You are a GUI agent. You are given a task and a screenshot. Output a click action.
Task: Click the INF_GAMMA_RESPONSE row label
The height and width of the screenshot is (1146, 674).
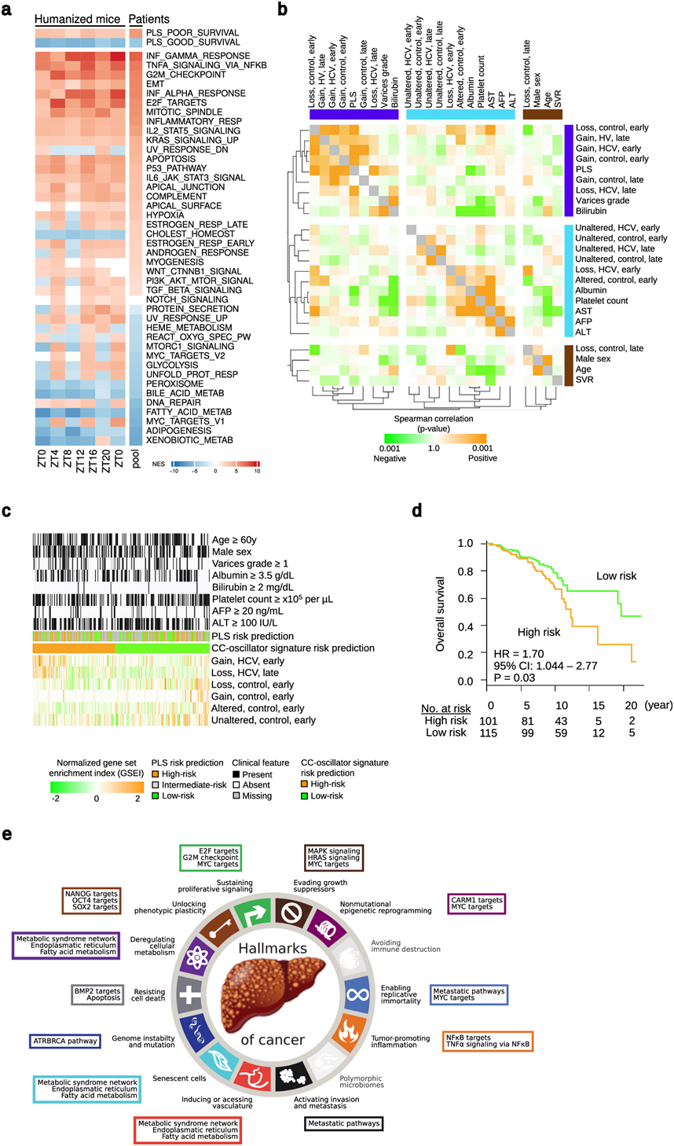pyautogui.click(x=198, y=56)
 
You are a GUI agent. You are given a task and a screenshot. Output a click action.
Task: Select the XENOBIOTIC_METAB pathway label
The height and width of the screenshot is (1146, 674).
pyautogui.click(x=189, y=440)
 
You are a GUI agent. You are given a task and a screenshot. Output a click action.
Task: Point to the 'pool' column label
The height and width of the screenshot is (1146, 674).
pyautogui.click(x=136, y=459)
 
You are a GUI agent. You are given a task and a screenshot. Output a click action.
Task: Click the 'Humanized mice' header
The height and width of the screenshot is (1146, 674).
pyautogui.click(x=78, y=19)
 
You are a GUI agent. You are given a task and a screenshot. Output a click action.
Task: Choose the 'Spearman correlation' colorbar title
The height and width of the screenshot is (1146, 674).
pyautogui.click(x=433, y=419)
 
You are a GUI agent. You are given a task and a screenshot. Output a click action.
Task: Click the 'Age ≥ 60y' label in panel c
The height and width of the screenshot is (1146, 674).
pyautogui.click(x=234, y=540)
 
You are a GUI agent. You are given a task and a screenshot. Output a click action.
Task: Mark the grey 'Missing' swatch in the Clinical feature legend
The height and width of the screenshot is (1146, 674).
pyautogui.click(x=236, y=795)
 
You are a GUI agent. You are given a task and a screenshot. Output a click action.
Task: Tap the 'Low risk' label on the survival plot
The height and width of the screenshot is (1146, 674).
pyautogui.click(x=616, y=576)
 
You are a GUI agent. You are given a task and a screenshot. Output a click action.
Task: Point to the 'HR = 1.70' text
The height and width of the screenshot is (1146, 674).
pyautogui.click(x=518, y=654)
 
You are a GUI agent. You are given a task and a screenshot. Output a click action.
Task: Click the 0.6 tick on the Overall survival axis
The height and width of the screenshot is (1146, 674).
pyautogui.click(x=466, y=599)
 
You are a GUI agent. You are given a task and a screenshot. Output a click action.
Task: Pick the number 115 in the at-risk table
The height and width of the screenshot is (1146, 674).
pyautogui.click(x=491, y=733)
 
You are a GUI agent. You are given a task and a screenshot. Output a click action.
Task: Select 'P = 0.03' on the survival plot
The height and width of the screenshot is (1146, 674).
pyautogui.click(x=515, y=678)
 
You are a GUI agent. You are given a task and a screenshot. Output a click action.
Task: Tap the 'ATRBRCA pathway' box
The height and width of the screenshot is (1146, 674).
pyautogui.click(x=66, y=1041)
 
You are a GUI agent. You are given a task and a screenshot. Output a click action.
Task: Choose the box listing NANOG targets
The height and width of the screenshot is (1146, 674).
pyautogui.click(x=91, y=900)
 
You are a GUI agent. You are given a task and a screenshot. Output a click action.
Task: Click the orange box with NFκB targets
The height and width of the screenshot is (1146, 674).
pyautogui.click(x=488, y=1041)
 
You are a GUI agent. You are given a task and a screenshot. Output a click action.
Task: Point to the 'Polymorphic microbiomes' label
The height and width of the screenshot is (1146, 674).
pyautogui.click(x=361, y=1082)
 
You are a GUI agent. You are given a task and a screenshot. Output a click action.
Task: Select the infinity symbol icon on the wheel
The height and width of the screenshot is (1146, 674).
pyautogui.click(x=357, y=994)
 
